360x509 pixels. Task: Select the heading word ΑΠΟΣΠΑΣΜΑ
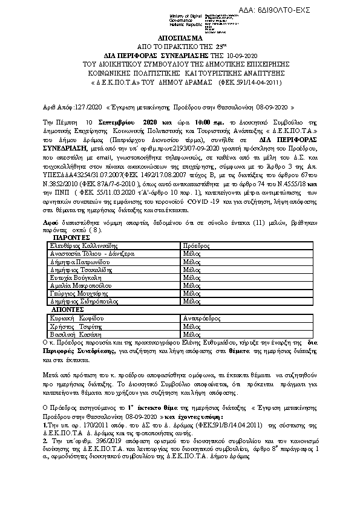click(x=180, y=37)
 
